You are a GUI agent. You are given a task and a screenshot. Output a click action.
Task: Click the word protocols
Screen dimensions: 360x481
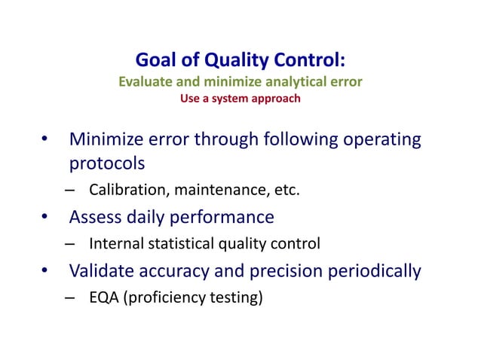click(107, 163)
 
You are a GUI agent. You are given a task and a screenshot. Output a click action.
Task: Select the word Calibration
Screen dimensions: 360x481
click(129, 189)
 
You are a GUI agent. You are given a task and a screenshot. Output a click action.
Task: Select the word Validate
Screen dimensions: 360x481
click(102, 271)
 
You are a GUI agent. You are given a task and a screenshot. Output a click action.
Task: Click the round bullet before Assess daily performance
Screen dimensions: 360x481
click(45, 218)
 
